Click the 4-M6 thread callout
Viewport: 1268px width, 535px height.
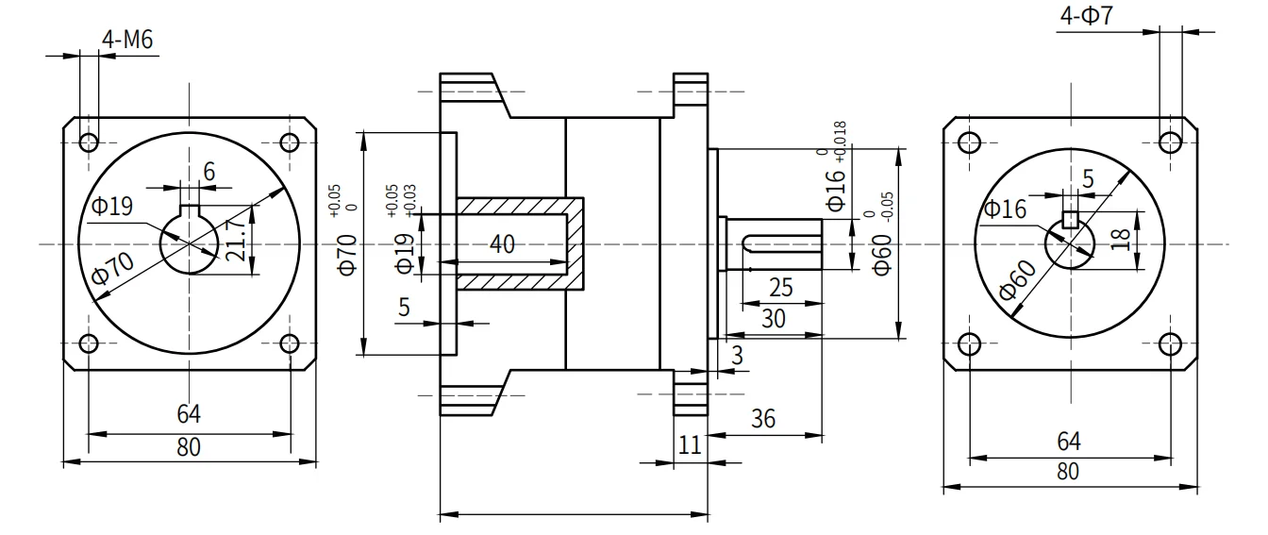tap(127, 41)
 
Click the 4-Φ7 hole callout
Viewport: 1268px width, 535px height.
tap(1086, 15)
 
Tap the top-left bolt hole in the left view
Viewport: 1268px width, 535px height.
tap(89, 142)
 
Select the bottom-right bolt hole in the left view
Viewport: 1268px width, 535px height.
tap(290, 343)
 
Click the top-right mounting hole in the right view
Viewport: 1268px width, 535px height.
tap(1170, 142)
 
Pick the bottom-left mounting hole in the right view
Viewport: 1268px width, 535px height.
tap(969, 343)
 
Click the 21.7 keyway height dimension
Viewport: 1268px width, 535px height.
tap(236, 240)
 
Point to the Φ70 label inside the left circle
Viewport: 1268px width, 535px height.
tap(112, 268)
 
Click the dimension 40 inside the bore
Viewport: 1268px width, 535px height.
tap(502, 244)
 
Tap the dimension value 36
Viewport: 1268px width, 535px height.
tap(763, 419)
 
